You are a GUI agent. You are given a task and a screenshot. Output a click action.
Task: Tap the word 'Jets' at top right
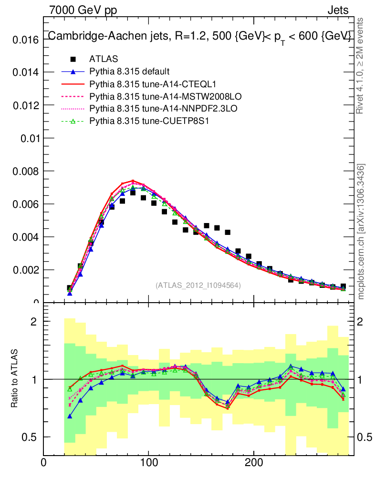337,10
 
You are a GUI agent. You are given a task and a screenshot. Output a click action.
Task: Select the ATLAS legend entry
104,59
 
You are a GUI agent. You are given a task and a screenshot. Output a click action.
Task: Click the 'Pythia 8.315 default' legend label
129,71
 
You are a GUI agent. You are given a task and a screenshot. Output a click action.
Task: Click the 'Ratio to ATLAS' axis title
15,379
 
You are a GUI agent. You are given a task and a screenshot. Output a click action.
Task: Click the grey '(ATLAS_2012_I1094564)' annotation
198,285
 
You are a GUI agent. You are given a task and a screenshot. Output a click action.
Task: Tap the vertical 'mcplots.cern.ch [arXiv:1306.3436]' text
361,232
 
